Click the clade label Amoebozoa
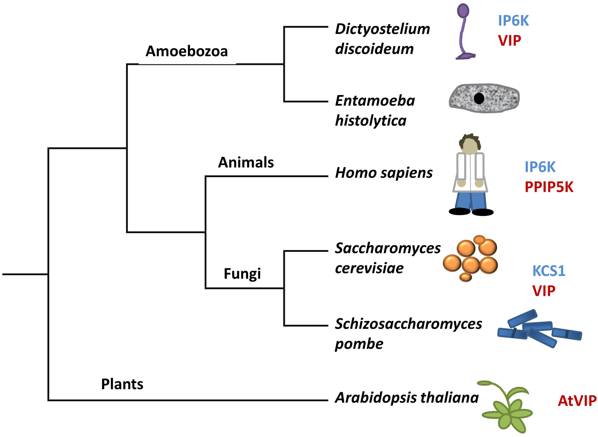(x=187, y=51)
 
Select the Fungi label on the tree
(x=242, y=273)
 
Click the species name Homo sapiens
(x=384, y=173)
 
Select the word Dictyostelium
(x=382, y=29)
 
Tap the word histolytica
(x=370, y=121)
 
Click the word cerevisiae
(x=369, y=268)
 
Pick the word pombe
(x=359, y=344)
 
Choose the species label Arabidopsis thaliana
(x=407, y=398)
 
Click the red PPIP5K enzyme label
(x=549, y=187)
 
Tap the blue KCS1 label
(x=549, y=271)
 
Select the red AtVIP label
(x=577, y=401)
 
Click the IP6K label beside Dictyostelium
(x=513, y=21)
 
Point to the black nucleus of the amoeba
(x=479, y=99)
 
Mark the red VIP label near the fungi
(x=544, y=291)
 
